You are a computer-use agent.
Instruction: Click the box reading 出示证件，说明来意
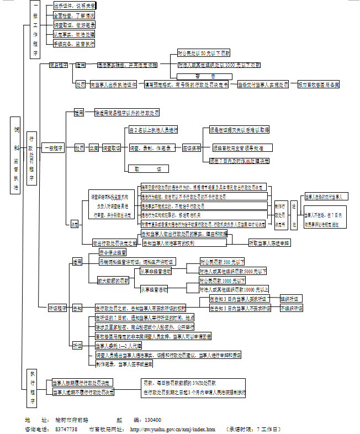tap(75, 5)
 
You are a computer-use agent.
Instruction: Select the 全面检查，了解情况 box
tap(75, 15)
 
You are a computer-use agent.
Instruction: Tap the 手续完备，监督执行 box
tap(75, 43)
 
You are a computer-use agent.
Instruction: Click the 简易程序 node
tap(58, 65)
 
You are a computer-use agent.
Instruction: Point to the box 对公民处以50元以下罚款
tap(203, 54)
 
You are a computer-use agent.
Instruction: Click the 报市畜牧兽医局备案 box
tap(319, 85)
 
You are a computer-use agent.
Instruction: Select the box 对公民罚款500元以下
tap(222, 261)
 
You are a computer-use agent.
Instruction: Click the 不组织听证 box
tap(291, 308)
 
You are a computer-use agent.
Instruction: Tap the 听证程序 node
tap(58, 308)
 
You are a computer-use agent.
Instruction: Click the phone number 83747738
tap(66, 429)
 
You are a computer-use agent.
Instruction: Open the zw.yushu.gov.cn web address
tap(172, 429)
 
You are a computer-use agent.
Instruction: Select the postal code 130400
tap(151, 420)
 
